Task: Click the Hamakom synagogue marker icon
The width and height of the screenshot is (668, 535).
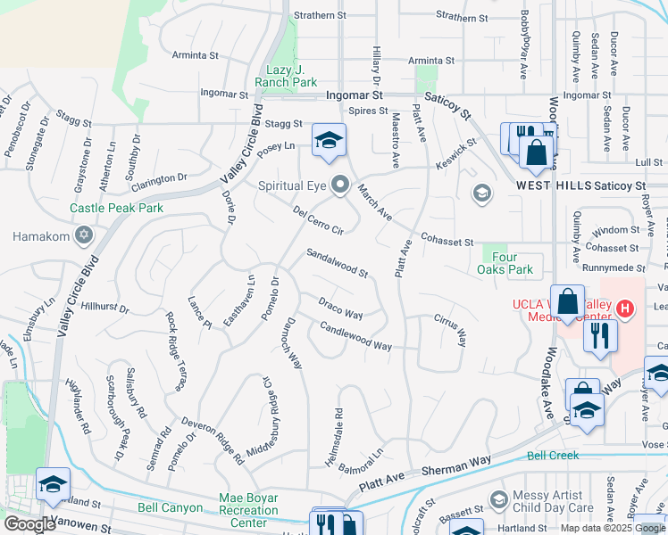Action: tap(84, 236)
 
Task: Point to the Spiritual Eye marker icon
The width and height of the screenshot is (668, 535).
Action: tap(340, 185)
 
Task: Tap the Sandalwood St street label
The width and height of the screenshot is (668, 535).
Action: tap(338, 263)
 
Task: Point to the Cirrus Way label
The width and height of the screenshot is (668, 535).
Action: tap(450, 329)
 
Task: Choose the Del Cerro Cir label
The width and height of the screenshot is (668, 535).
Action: tap(319, 220)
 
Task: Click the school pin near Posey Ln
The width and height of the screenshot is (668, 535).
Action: tap(329, 140)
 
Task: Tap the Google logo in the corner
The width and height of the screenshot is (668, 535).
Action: tap(29, 524)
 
